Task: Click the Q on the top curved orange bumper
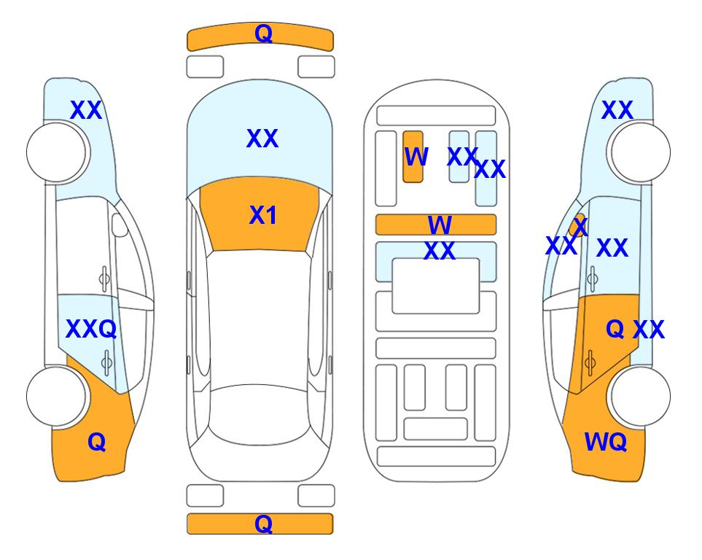tap(263, 34)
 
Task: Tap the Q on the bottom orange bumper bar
tap(263, 524)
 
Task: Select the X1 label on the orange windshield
tap(263, 215)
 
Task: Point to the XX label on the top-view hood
tap(262, 139)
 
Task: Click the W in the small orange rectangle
tap(416, 156)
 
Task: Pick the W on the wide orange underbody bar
tap(440, 225)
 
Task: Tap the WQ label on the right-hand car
tap(605, 442)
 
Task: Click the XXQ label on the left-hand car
tap(91, 329)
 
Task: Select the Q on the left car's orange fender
tap(97, 442)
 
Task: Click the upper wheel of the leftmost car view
tap(56, 152)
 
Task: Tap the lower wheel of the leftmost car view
tap(56, 396)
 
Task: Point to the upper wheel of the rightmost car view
tap(640, 152)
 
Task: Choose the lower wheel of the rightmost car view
tap(640, 396)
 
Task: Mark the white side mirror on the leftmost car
tap(120, 225)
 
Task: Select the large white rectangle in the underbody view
tap(436, 286)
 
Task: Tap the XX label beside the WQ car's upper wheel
tap(617, 110)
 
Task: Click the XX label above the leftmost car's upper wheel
tap(86, 110)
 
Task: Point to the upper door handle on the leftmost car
tap(104, 279)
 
